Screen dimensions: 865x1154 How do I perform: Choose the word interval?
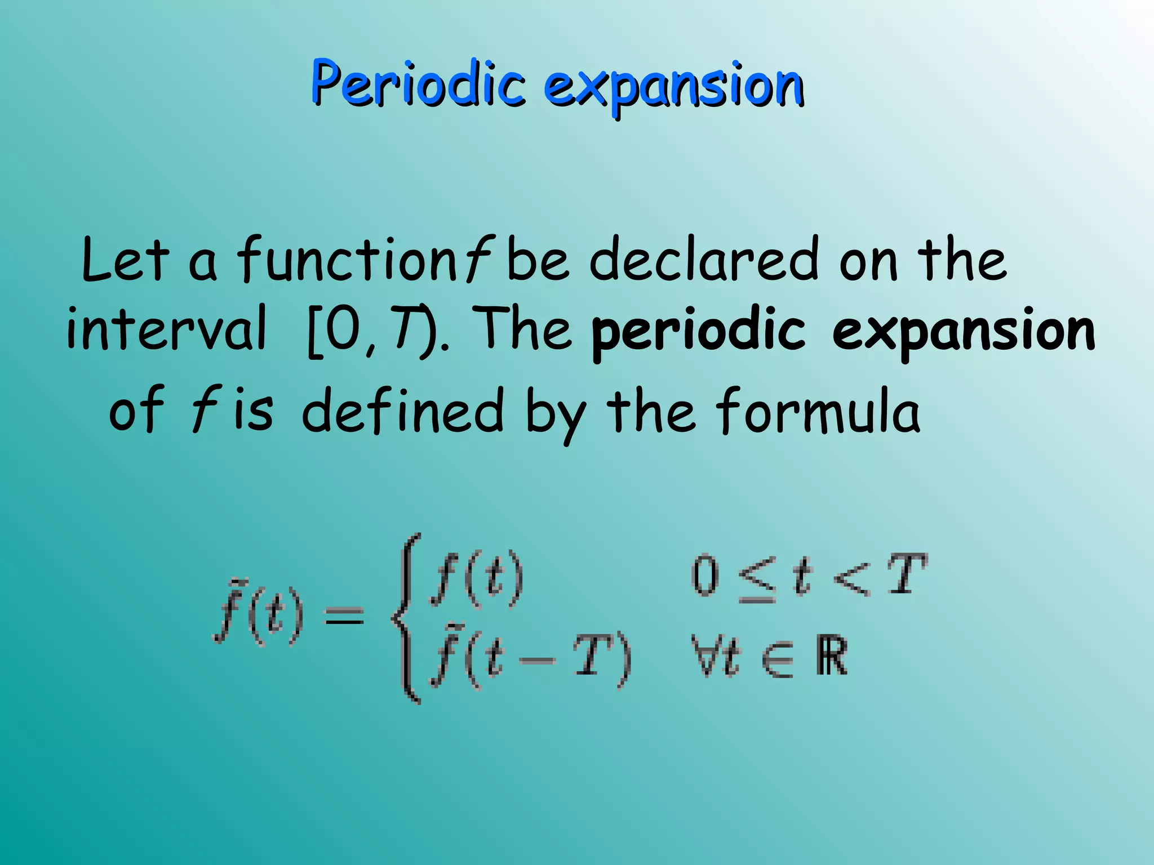[166, 329]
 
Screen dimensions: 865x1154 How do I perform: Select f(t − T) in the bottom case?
[530, 658]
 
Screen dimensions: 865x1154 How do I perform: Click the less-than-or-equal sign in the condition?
[757, 579]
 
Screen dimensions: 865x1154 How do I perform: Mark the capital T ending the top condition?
[906, 574]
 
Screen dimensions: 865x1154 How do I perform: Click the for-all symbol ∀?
[704, 656]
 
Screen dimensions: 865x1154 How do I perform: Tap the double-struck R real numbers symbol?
[831, 656]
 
